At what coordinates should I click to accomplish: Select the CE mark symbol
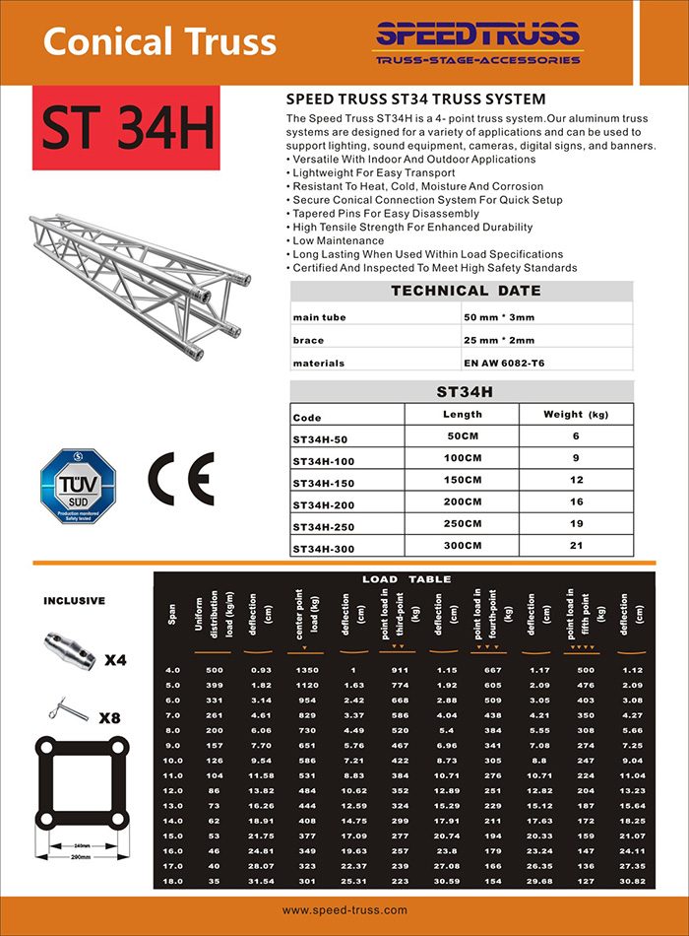click(179, 480)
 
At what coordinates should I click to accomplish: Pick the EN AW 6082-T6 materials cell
click(503, 364)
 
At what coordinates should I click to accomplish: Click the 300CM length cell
click(462, 545)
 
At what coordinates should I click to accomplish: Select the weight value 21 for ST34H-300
click(577, 545)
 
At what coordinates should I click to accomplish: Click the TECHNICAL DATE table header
click(466, 291)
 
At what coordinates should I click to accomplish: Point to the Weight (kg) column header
click(576, 415)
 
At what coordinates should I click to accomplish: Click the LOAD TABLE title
click(407, 579)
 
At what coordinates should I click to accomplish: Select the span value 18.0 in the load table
click(173, 879)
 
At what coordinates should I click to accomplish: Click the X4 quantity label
click(114, 659)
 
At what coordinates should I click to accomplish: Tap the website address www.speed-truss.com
click(344, 910)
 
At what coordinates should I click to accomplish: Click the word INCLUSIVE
click(75, 600)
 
